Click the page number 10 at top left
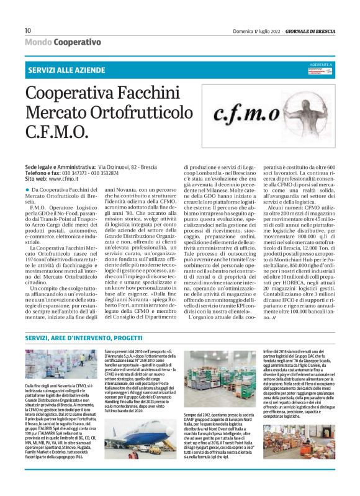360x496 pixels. [x=28, y=30]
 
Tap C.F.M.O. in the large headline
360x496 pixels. [x=53, y=133]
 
